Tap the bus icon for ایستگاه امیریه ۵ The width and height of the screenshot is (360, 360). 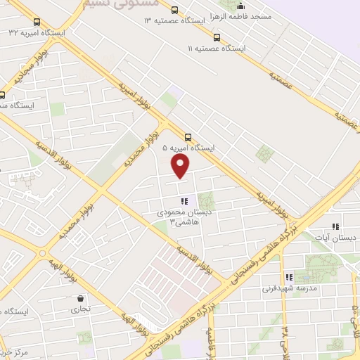point(188,137)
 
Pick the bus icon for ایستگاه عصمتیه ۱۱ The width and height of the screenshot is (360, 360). point(216,37)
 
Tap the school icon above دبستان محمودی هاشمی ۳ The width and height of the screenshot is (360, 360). point(184,201)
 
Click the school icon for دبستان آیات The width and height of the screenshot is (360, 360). point(335,226)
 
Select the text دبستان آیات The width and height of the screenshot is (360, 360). point(334,238)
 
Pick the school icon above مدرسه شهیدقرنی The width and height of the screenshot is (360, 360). point(288,277)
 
